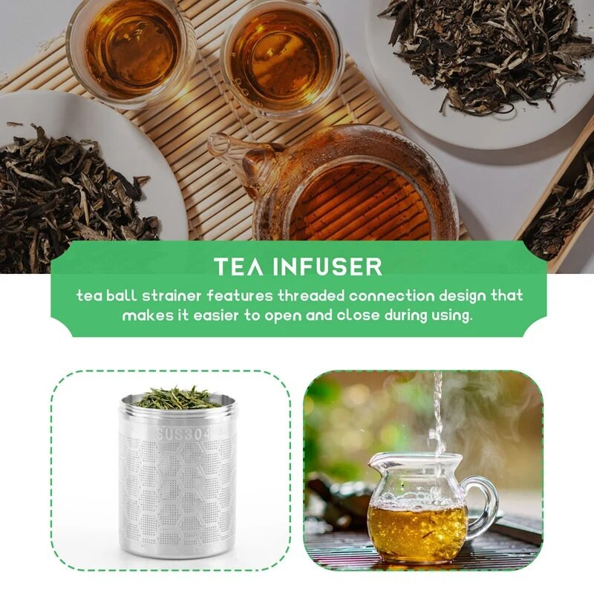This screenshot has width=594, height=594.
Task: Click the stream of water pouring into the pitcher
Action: (437, 412)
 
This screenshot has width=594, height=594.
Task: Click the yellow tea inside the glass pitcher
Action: (416, 527)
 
